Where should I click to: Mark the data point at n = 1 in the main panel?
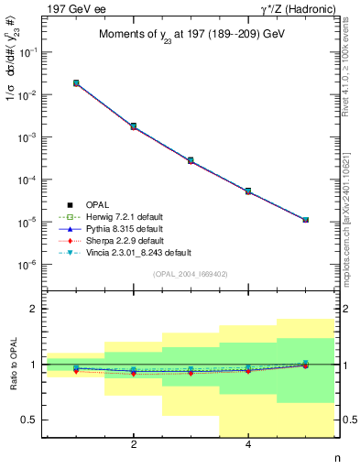[x=76, y=82]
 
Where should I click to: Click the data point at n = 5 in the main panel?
[x=305, y=220]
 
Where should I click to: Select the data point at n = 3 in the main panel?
[x=191, y=160]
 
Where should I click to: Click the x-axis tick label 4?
[x=248, y=445]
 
